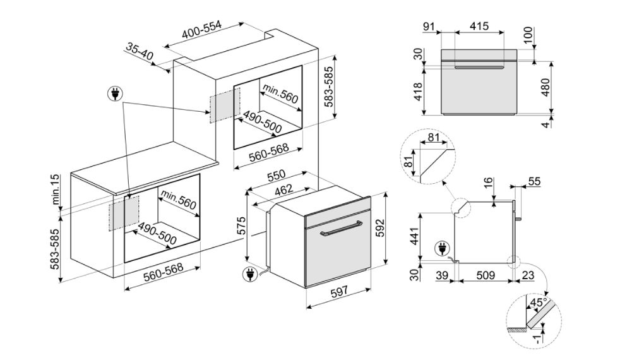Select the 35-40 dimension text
[x=140, y=51]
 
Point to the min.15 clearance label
[x=56, y=189]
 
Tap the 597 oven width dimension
[x=339, y=291]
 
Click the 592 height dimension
[x=379, y=228]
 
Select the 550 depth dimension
[x=277, y=176]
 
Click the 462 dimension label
[x=284, y=189]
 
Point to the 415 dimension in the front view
[x=479, y=27]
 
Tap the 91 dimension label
[x=428, y=27]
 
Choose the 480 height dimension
[x=545, y=87]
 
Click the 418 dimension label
[x=417, y=92]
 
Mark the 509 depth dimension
[x=486, y=275]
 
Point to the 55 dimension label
[x=534, y=181]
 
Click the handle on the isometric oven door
[x=341, y=229]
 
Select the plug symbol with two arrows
[x=116, y=94]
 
